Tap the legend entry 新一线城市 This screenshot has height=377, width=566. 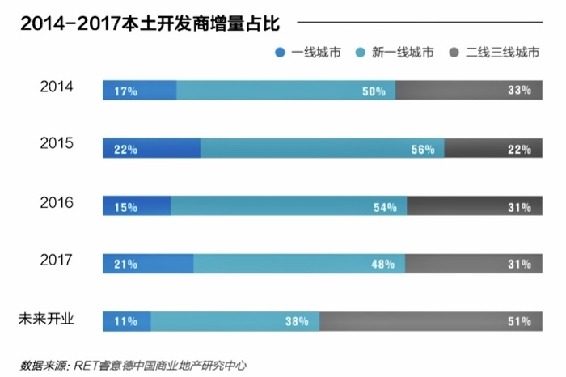[395, 53]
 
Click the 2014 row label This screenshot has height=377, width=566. [57, 86]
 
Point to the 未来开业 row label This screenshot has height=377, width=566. [46, 318]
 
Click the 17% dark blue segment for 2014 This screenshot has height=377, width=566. [139, 91]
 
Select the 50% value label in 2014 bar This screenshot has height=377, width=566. [374, 91]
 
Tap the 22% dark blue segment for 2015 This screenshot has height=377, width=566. [151, 149]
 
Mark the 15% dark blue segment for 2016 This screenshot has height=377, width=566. [137, 206]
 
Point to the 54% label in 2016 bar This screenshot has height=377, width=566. [385, 207]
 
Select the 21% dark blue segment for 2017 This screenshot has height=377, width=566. [148, 264]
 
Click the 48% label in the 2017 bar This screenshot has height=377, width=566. [383, 265]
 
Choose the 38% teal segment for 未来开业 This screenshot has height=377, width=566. [235, 321]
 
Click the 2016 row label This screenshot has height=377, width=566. [57, 202]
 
